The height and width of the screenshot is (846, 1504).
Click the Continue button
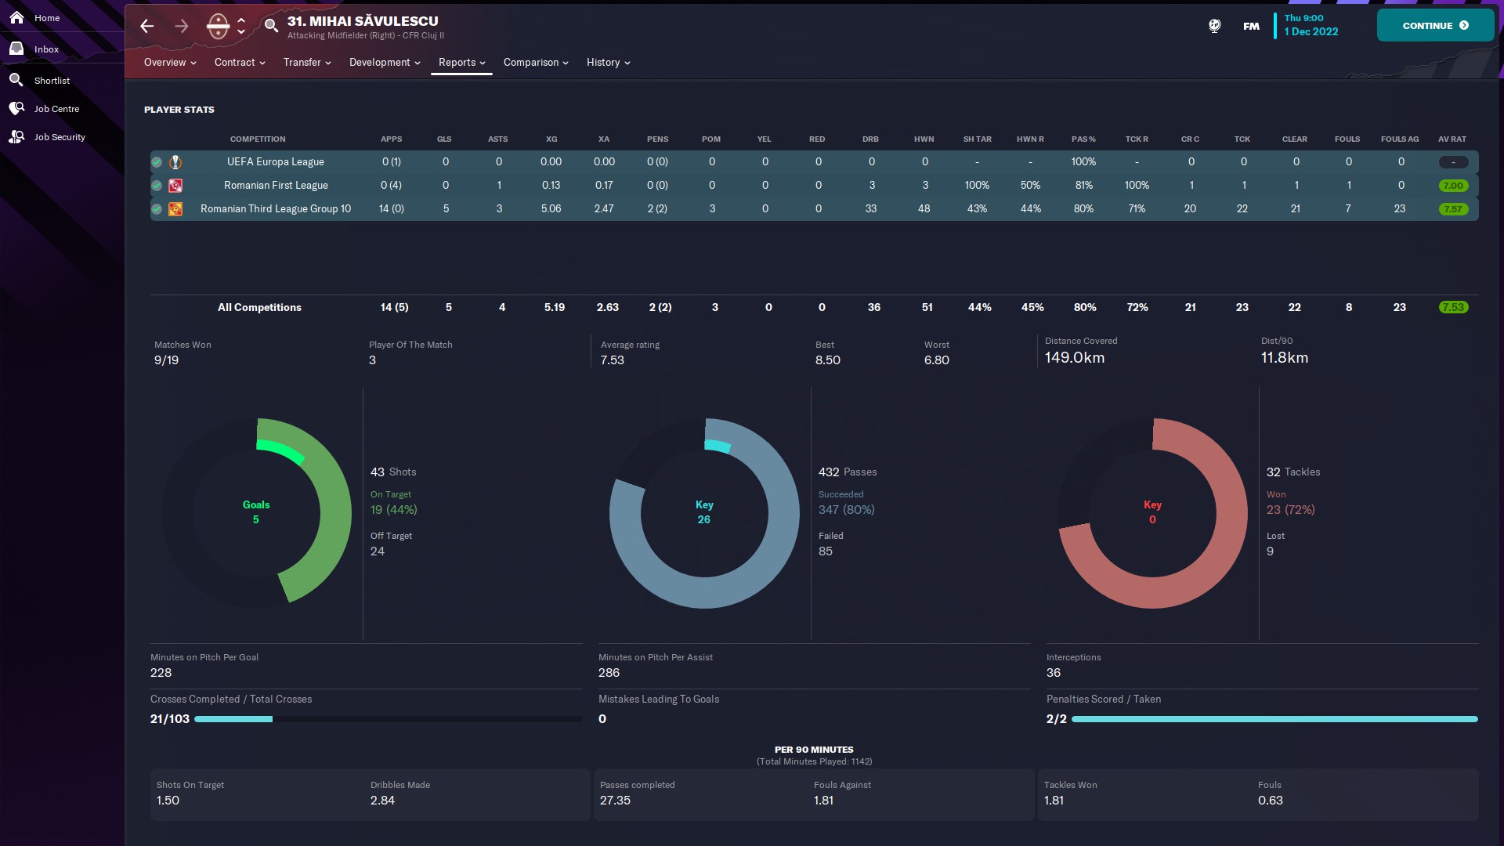click(1434, 26)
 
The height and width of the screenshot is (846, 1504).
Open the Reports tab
click(461, 63)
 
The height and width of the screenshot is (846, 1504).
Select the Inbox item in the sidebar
click(46, 49)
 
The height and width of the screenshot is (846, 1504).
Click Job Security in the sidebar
click(59, 137)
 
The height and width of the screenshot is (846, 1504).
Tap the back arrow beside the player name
click(147, 26)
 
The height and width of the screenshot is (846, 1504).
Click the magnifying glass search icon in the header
click(271, 26)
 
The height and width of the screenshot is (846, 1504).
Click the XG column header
click(551, 139)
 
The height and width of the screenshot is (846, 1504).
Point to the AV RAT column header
click(1452, 139)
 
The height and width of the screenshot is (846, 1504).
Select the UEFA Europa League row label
click(275, 162)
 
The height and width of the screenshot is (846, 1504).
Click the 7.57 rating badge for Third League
click(1452, 209)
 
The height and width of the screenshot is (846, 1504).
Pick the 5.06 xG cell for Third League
click(551, 209)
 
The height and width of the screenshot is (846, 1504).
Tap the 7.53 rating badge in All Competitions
click(1452, 308)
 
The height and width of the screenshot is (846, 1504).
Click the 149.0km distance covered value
click(1074, 358)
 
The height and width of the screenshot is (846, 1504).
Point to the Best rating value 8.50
click(827, 360)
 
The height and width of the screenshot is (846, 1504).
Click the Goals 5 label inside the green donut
click(256, 512)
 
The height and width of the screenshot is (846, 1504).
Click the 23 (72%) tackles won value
click(1290, 510)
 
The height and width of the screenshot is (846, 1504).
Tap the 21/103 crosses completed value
click(170, 719)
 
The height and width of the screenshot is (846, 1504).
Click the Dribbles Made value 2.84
click(382, 801)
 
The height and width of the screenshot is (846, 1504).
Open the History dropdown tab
click(608, 63)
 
